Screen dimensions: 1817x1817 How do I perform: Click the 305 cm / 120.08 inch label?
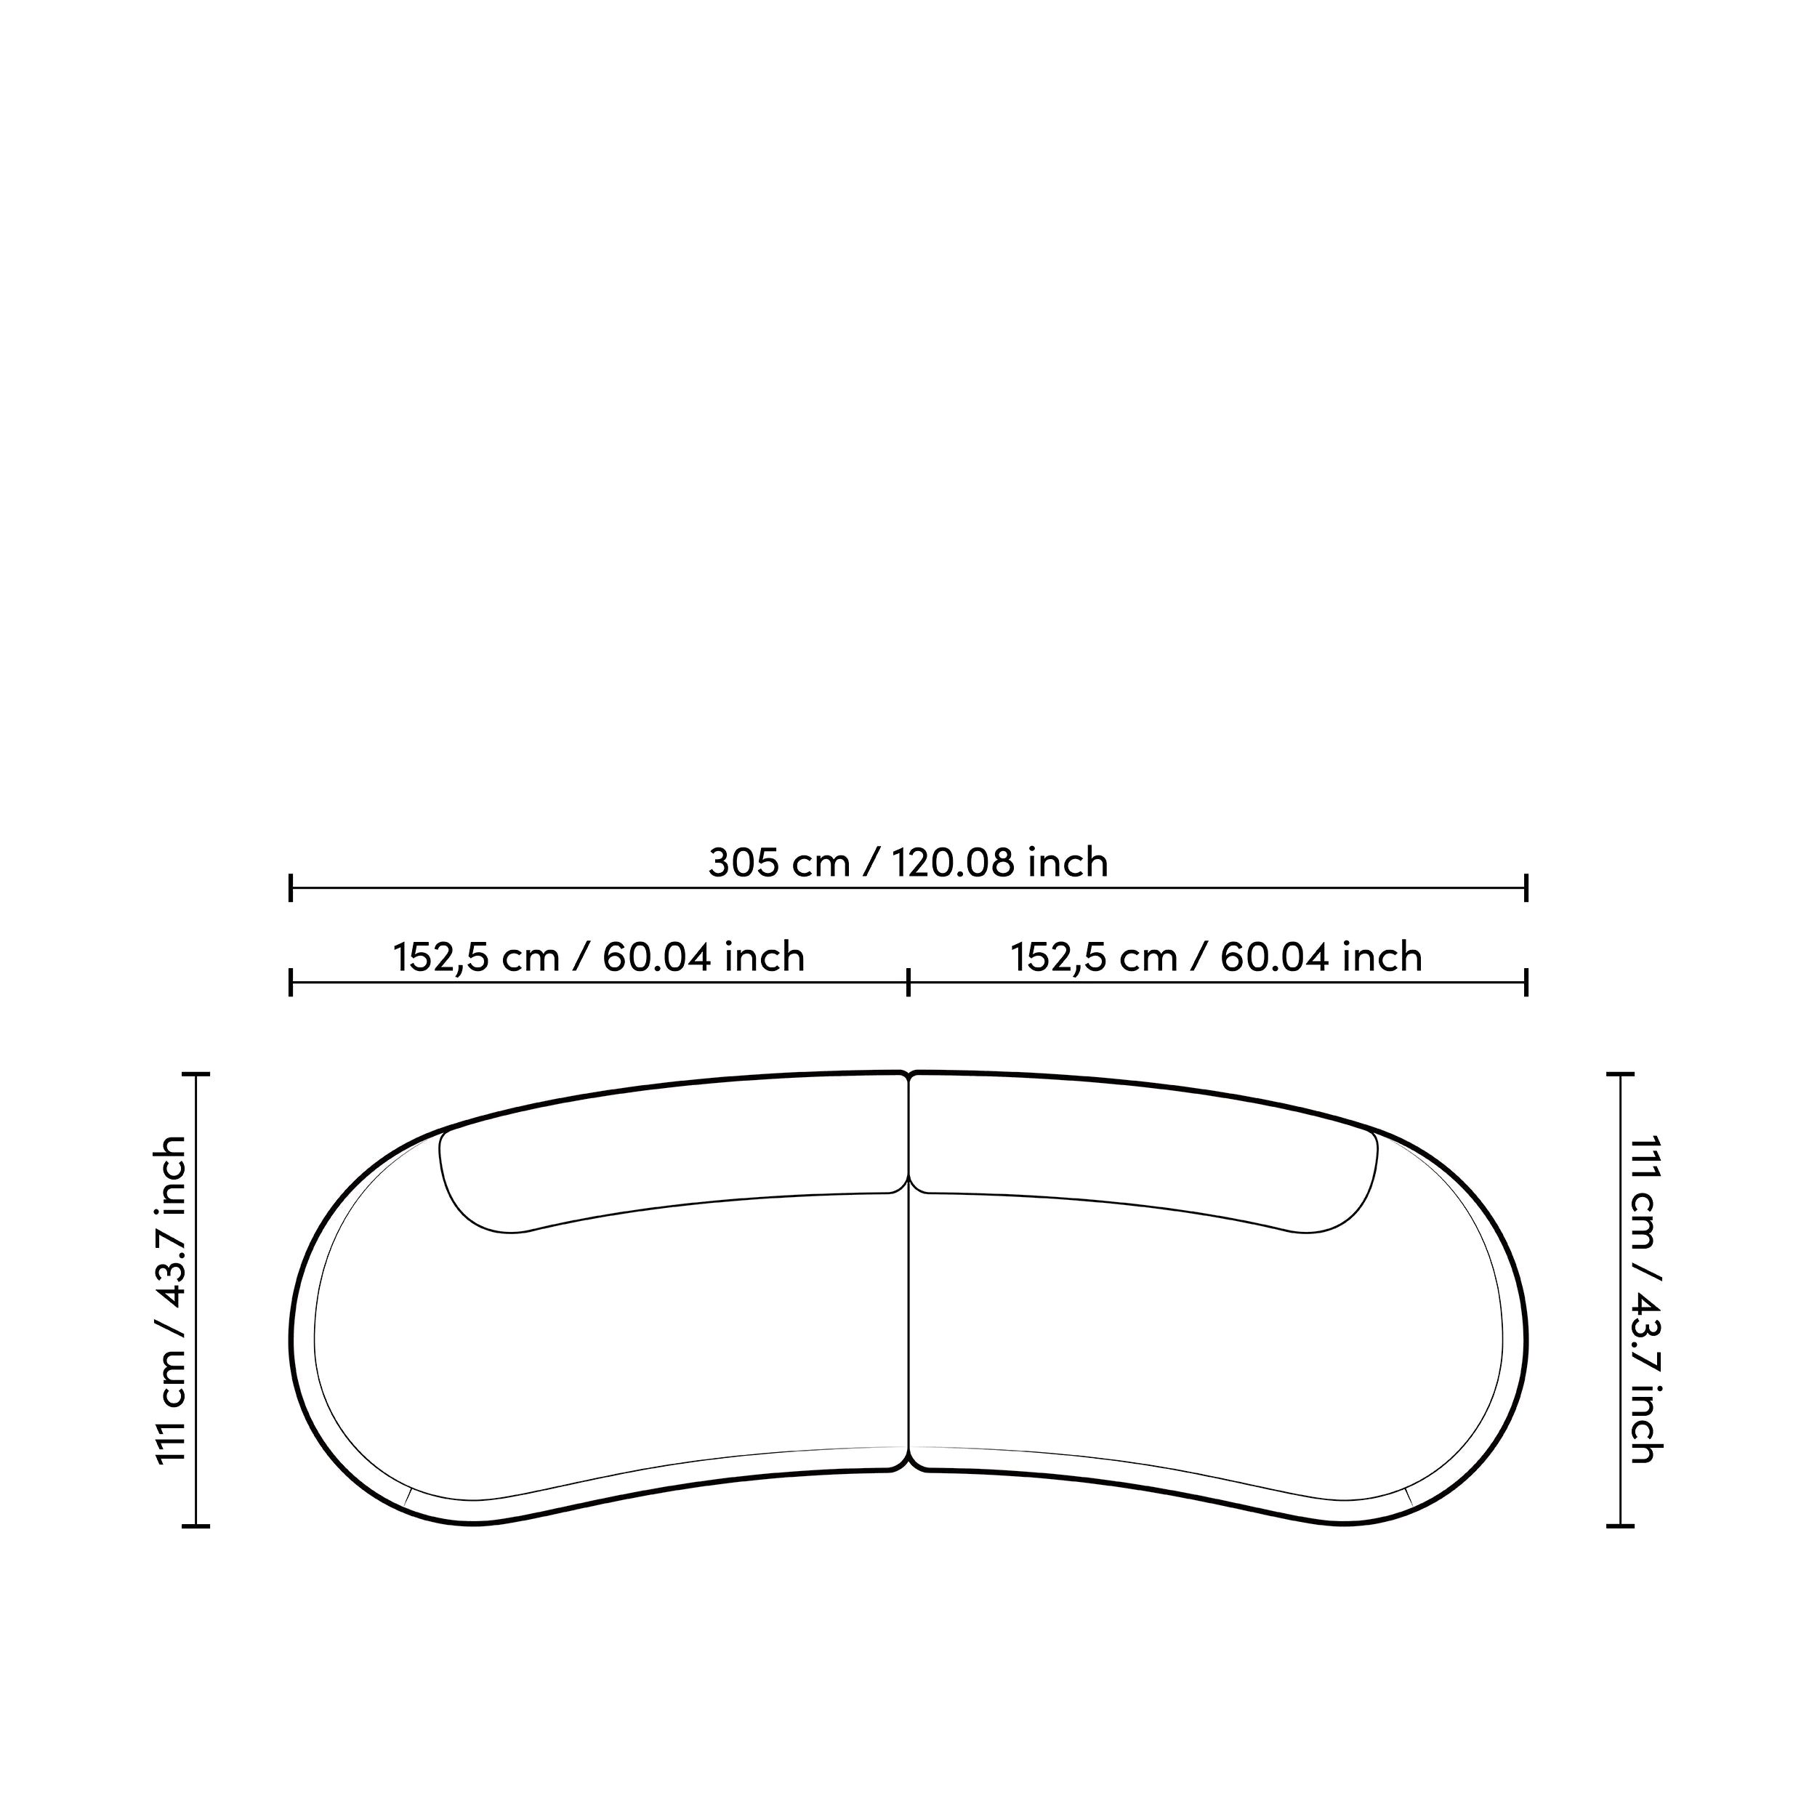908,863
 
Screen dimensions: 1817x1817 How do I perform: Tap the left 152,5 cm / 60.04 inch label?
599,957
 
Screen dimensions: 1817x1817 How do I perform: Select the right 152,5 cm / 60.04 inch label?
1216,957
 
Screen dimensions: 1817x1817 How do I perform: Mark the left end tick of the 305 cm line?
291,887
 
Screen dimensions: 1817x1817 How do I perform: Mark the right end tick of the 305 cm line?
1526,887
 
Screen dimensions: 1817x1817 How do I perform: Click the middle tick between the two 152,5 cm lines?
908,983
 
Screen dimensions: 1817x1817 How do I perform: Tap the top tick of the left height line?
196,1073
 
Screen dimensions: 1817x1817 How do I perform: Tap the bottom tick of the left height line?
196,1526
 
